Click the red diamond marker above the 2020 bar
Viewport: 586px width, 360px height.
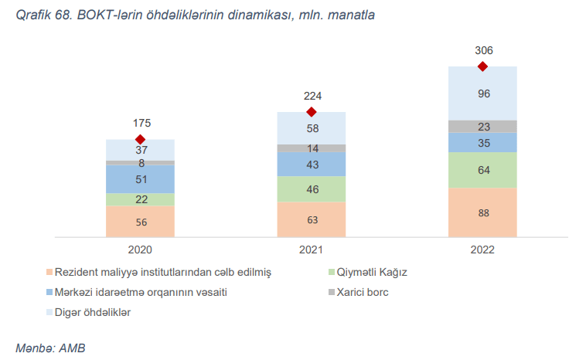(140, 139)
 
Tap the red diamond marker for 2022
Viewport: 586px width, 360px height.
(483, 66)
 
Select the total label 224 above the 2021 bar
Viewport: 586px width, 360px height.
(312, 97)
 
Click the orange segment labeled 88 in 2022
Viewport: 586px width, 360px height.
(483, 212)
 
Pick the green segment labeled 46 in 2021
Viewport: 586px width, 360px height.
(312, 188)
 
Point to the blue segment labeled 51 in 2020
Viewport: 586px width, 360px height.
(140, 179)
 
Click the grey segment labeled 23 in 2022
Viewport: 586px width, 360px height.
(483, 127)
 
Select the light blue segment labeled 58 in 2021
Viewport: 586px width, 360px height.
(312, 128)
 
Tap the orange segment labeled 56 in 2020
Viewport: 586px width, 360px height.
(140, 222)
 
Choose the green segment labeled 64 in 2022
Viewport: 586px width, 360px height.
(483, 170)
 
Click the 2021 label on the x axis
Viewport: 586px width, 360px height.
(312, 250)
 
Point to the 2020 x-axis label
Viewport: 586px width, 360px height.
(140, 250)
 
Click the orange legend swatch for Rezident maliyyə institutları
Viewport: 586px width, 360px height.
(49, 272)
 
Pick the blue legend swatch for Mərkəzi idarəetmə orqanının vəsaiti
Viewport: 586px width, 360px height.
(49, 292)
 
